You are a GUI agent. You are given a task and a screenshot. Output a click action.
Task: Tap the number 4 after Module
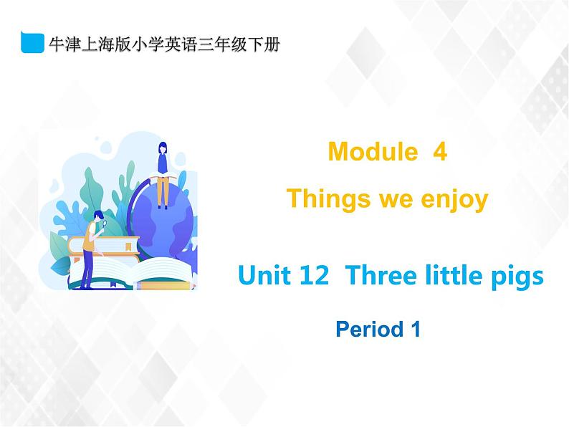pos(440,152)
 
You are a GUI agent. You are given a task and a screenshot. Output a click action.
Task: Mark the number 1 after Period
pos(413,330)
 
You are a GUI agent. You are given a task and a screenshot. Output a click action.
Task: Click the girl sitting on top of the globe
pos(163,168)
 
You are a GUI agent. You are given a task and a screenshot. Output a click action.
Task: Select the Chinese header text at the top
pos(163,43)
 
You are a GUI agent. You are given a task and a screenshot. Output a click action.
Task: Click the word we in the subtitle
pos(395,198)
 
